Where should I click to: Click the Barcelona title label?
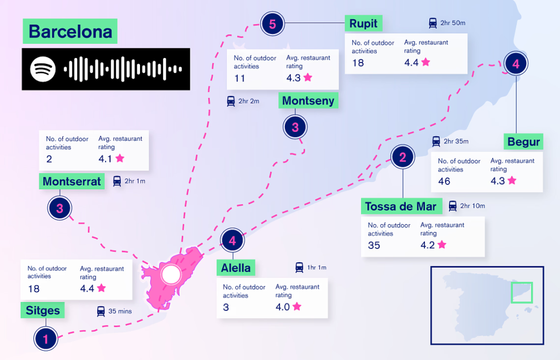[x=70, y=31]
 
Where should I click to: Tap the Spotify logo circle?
[x=43, y=69]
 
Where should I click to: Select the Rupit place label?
[x=363, y=24]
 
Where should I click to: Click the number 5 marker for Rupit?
[x=272, y=24]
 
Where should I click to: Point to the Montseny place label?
[x=308, y=101]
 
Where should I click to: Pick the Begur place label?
[x=523, y=142]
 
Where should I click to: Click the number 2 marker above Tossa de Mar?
[x=403, y=157]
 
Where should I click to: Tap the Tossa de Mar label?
[x=401, y=206]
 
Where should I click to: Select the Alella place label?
[x=236, y=268]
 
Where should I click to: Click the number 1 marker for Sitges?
[x=46, y=339]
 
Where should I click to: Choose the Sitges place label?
[x=43, y=310]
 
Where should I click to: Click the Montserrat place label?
[x=72, y=182]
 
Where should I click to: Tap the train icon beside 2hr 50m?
[x=433, y=23]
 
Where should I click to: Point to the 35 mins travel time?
[x=120, y=311]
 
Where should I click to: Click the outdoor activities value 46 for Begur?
[x=444, y=182]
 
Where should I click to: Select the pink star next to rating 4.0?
[x=297, y=306]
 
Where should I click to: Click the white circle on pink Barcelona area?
[x=171, y=274]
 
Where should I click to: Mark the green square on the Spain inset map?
[x=522, y=293]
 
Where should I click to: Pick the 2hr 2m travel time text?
[x=249, y=101]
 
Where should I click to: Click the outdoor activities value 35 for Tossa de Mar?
[x=374, y=245]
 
